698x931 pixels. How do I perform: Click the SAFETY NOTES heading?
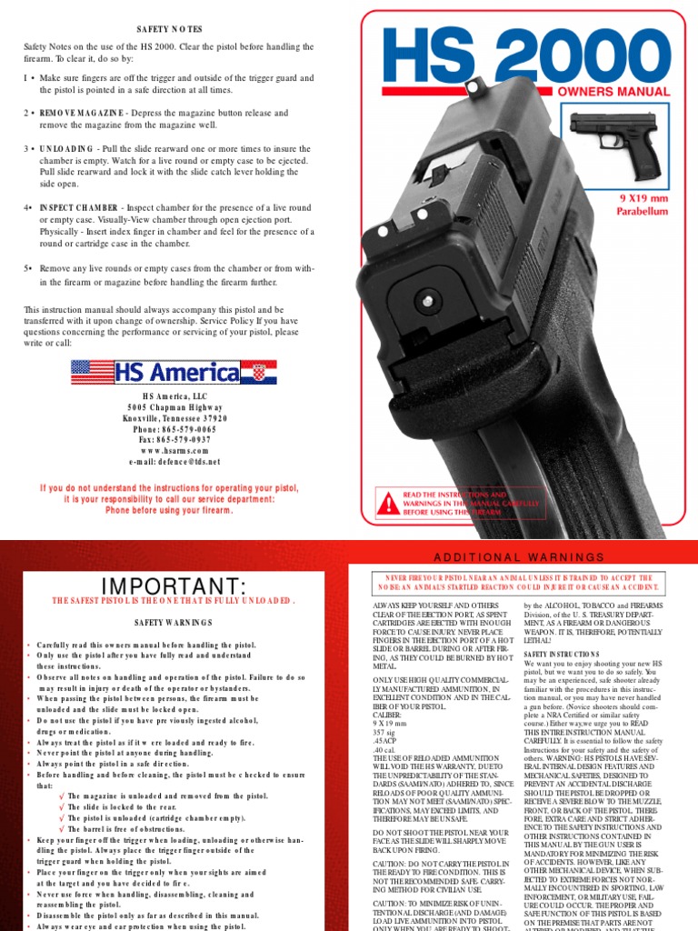point(170,30)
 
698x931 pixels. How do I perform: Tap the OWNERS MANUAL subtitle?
point(621,92)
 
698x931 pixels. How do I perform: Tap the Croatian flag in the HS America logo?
point(263,371)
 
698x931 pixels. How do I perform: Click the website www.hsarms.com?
point(169,450)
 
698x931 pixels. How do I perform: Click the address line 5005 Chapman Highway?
point(169,406)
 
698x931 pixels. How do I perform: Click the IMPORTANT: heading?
point(170,584)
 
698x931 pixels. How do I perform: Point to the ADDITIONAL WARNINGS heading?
point(517,556)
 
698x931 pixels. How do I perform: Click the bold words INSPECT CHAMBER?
point(80,207)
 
